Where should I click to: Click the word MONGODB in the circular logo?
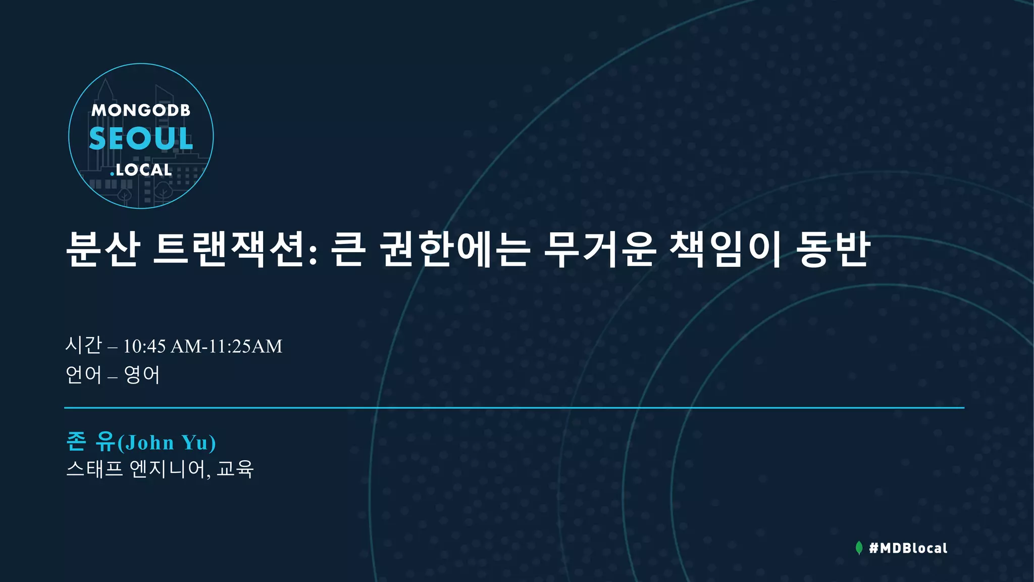coord(141,110)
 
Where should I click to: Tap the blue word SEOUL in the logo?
coord(141,138)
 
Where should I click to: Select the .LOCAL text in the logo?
coord(141,170)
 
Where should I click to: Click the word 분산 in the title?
coord(103,249)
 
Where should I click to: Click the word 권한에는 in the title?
coord(454,249)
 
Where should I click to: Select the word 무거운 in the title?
coord(600,249)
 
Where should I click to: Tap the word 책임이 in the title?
coord(726,249)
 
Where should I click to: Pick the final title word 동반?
coord(833,249)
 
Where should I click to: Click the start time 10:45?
coord(144,347)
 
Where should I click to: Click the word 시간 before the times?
coord(84,346)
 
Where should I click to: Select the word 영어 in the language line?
coord(142,375)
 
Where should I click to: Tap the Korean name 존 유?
coord(91,442)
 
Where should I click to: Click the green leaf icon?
coord(859,548)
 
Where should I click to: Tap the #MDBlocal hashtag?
coord(908,548)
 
